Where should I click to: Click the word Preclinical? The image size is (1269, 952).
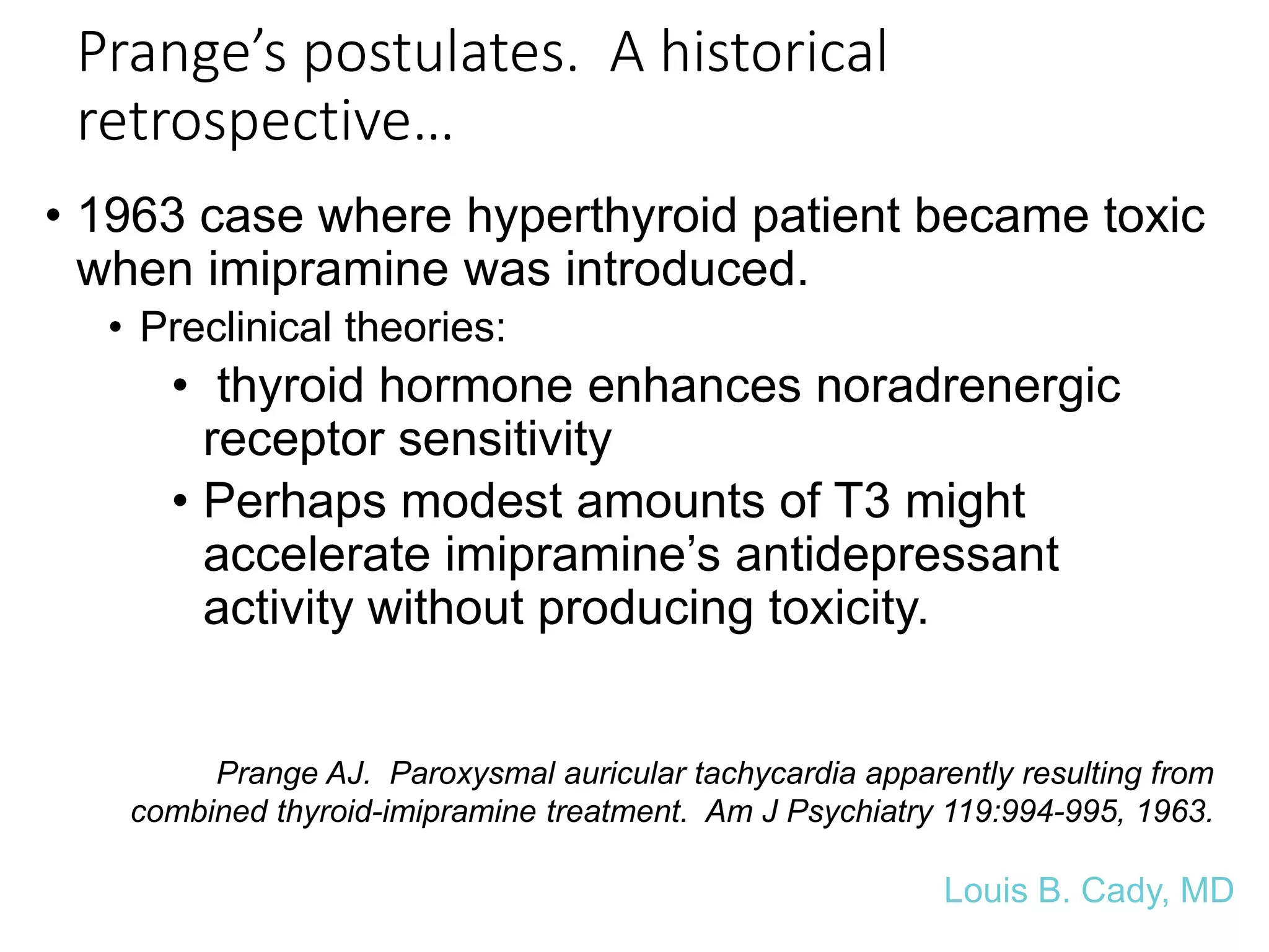235,327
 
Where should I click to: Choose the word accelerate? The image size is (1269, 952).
317,555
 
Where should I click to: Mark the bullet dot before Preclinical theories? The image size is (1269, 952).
115,328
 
